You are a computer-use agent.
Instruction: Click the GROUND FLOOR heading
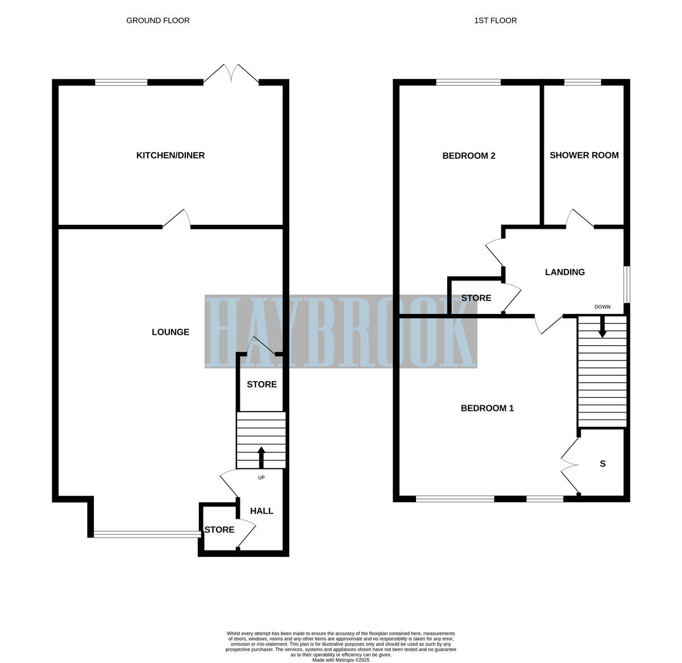pos(157,20)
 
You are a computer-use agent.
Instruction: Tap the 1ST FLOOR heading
pos(495,20)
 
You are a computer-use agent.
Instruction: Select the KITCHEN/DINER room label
pos(170,156)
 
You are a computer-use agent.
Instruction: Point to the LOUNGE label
pos(170,332)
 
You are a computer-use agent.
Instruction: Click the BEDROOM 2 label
pos(468,156)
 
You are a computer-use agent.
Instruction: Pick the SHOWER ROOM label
pos(584,155)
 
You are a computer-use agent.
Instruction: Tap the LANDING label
pos(564,272)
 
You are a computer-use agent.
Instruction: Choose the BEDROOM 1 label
pos(487,408)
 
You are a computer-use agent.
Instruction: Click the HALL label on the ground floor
pos(261,511)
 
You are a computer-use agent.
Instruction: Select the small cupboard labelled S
pos(602,464)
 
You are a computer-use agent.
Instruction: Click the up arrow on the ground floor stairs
pos(261,456)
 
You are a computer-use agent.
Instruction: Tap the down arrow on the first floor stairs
pos(602,327)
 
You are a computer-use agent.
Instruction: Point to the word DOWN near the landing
pos(602,307)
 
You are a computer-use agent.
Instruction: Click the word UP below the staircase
pos(261,477)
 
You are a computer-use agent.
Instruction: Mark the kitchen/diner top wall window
pos(121,82)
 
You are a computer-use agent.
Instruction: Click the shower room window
pos(583,82)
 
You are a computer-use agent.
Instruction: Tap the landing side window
pos(627,284)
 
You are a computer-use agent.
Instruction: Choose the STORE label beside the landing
pos(476,298)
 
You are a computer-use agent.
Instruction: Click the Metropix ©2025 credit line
pos(341,660)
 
